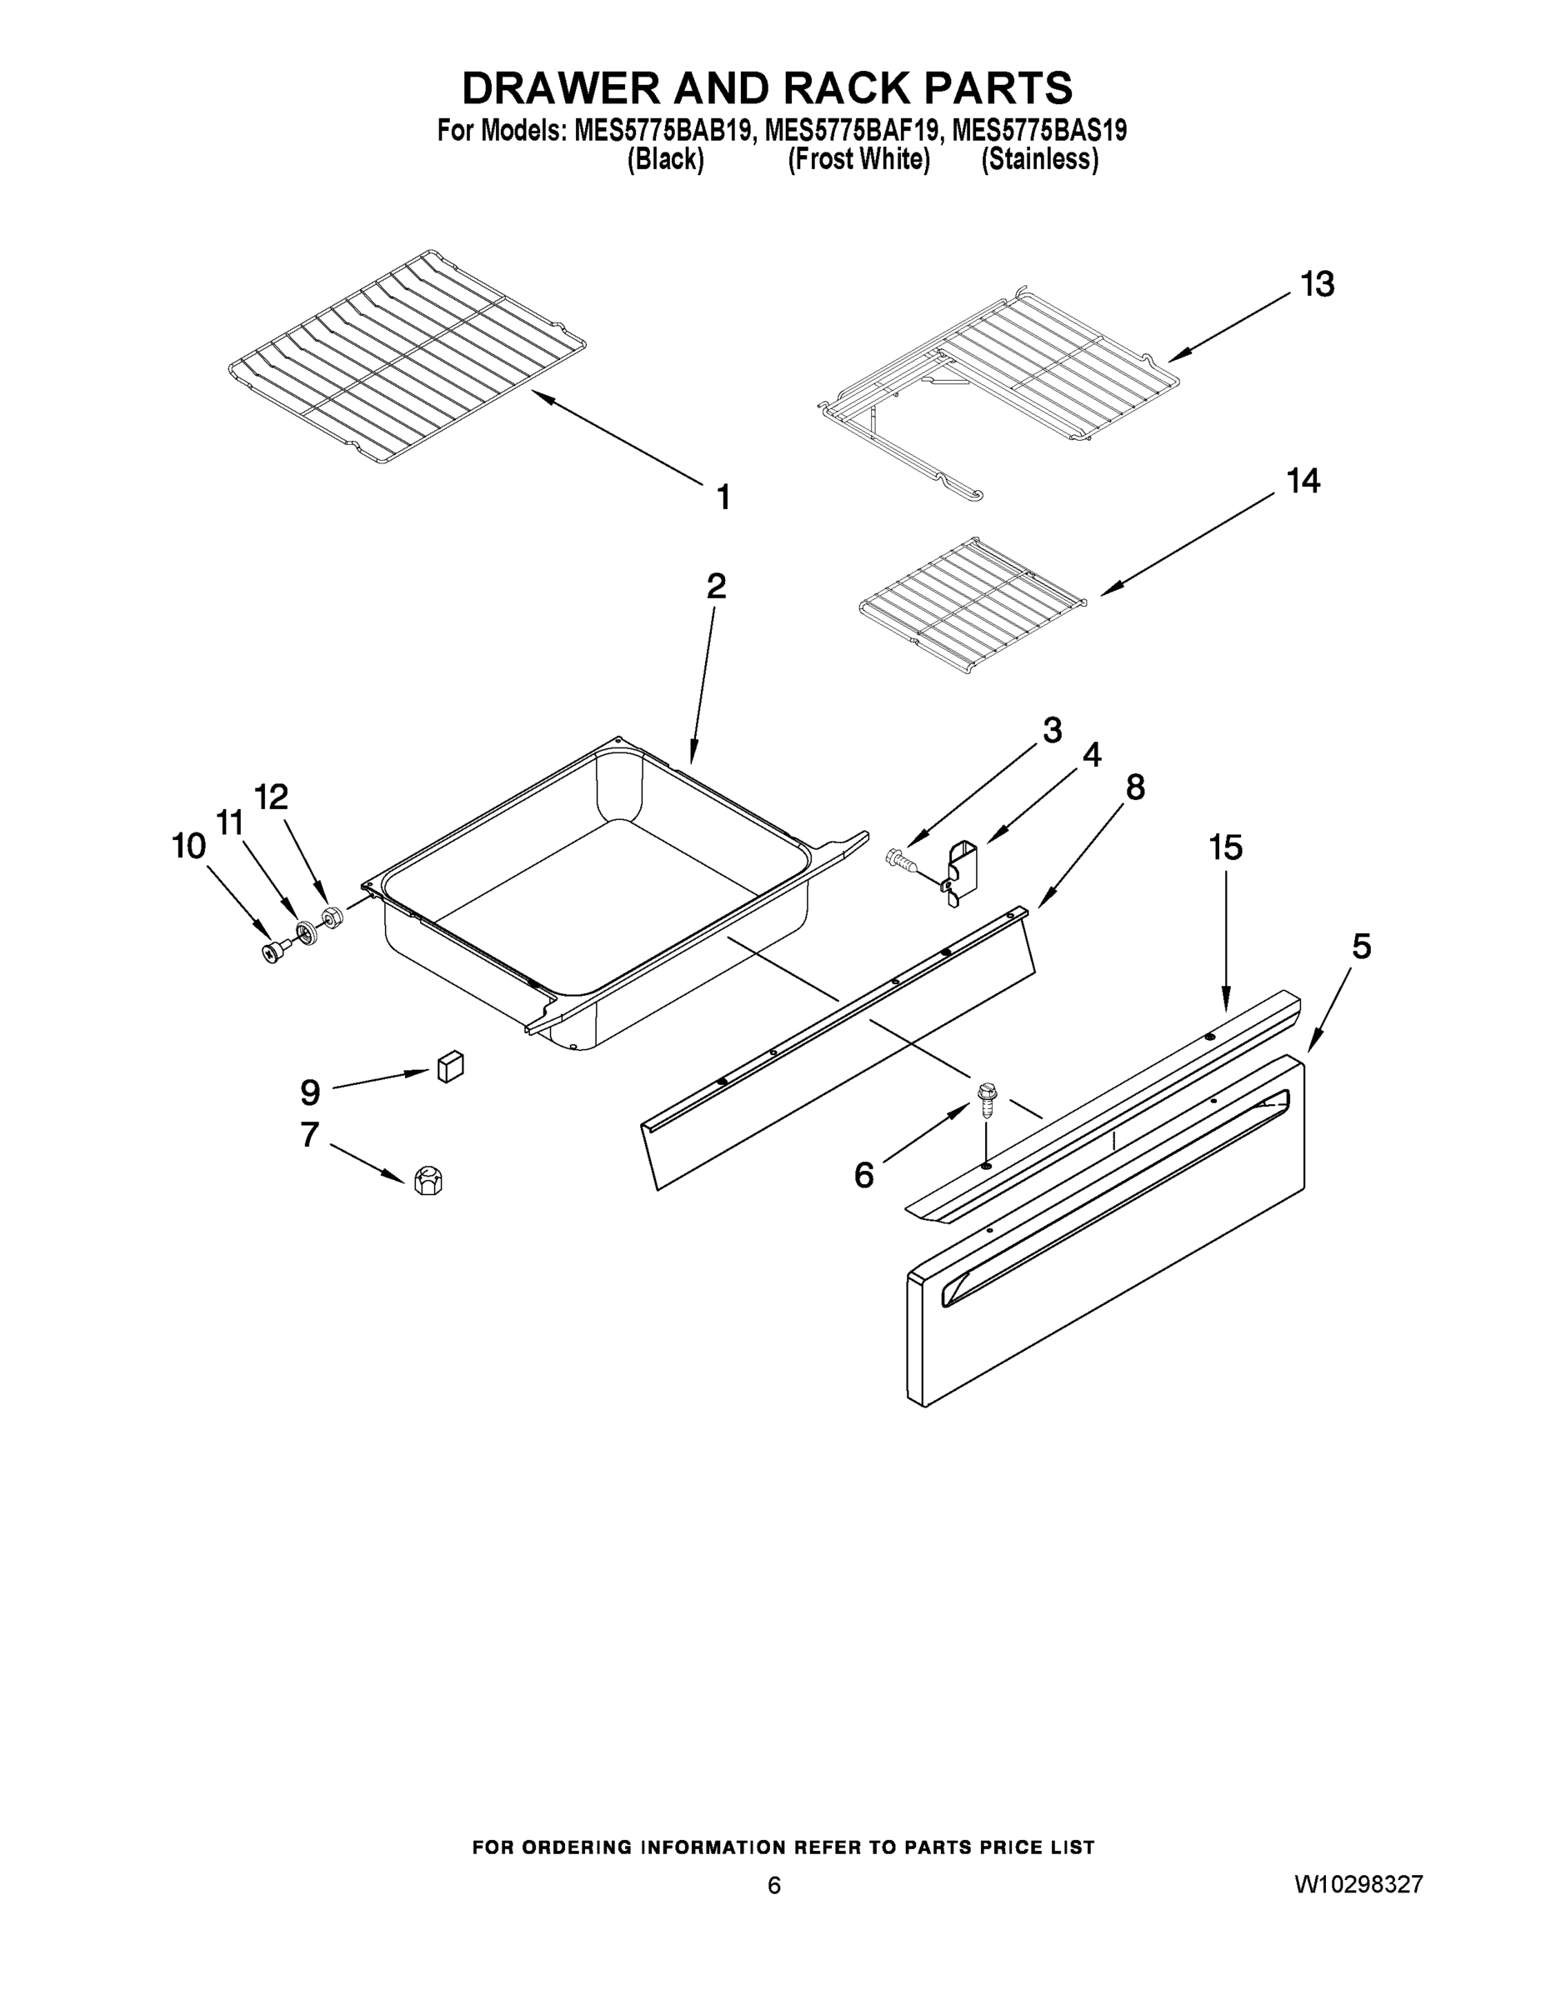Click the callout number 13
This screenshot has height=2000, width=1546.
coord(1318,285)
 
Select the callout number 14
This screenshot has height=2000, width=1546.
coord(1303,482)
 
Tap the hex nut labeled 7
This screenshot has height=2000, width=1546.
coord(428,1180)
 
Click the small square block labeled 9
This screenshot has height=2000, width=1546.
coord(450,1067)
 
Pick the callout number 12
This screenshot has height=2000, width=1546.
coord(270,797)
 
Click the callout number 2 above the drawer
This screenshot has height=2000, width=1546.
coord(716,586)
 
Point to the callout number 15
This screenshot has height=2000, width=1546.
coord(1225,848)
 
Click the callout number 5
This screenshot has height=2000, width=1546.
coord(1361,946)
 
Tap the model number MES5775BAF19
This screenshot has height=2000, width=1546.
coord(849,132)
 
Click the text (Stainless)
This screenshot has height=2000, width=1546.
coord(1039,160)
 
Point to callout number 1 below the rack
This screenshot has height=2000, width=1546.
coord(723,498)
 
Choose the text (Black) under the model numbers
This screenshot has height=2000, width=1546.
coord(666,160)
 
